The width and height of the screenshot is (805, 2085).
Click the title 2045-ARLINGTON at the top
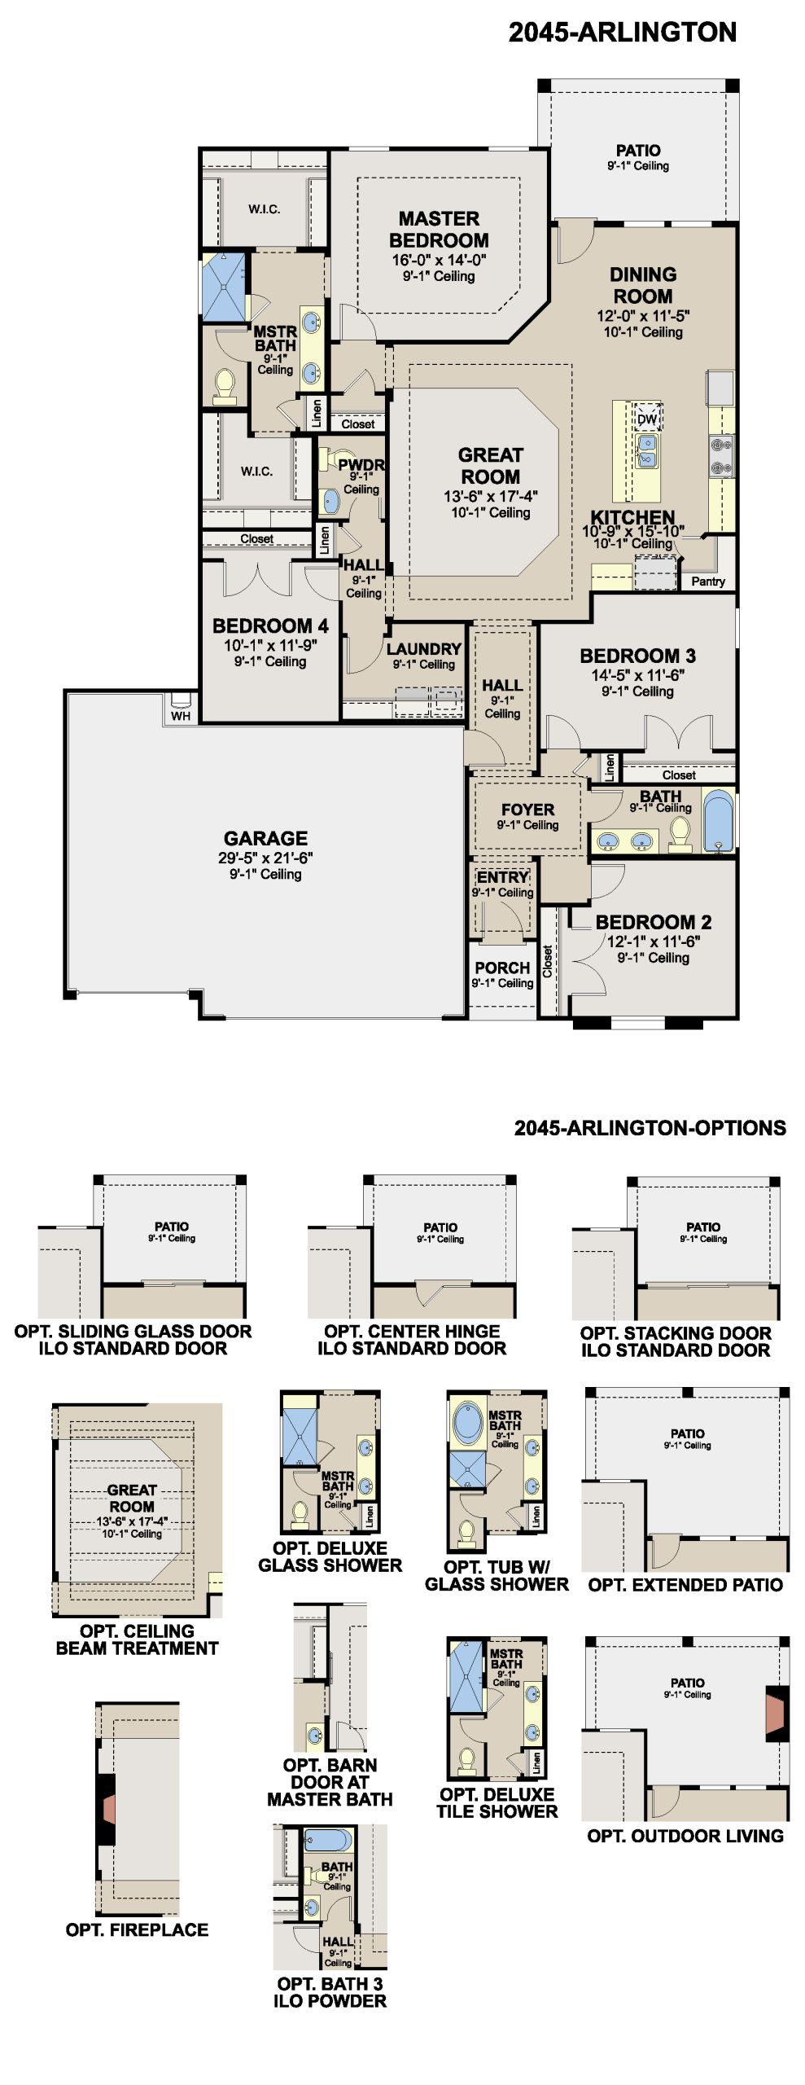coord(623,33)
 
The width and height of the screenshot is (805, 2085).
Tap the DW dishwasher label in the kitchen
coord(647,419)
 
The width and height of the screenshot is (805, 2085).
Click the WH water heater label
coord(181,716)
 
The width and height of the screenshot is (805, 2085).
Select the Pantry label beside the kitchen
coord(708,582)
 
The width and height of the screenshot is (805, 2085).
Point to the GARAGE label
coord(266,838)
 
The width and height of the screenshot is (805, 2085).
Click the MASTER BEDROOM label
coord(439,230)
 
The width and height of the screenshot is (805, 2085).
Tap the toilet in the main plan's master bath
coord(224,387)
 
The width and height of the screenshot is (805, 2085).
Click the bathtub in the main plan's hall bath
coord(718,819)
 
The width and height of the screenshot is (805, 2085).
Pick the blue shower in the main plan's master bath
coord(223,288)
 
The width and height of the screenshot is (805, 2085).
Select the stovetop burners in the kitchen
coord(721,456)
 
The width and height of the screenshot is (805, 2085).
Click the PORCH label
coord(502,968)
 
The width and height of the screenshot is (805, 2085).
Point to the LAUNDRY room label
coord(424,649)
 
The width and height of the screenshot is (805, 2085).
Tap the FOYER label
coord(527,810)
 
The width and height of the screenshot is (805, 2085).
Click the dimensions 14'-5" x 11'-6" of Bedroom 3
coord(638,674)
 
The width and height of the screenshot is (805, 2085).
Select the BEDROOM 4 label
coord(270,625)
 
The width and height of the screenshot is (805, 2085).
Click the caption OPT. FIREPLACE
coord(137,1929)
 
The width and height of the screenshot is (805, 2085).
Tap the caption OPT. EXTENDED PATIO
coord(685,1584)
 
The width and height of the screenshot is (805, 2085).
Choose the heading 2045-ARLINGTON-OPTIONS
coord(650,1128)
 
